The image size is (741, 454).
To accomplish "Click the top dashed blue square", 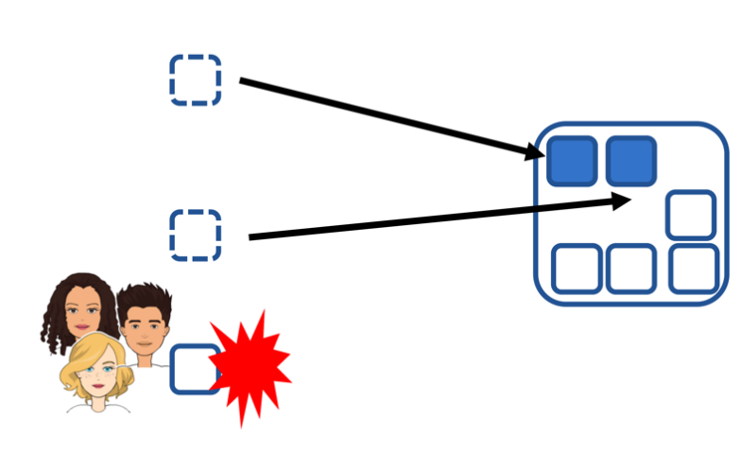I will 196,79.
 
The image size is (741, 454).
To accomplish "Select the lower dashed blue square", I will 196,235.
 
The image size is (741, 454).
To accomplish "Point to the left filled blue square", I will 572,161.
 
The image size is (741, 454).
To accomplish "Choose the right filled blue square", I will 630,161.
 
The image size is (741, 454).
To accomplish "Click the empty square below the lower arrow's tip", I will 690,216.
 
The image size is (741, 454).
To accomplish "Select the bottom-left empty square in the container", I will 577,269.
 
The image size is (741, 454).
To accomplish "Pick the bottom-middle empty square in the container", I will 631,269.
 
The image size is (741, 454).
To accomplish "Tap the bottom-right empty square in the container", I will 693,269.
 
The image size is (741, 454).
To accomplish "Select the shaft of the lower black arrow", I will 425,218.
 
